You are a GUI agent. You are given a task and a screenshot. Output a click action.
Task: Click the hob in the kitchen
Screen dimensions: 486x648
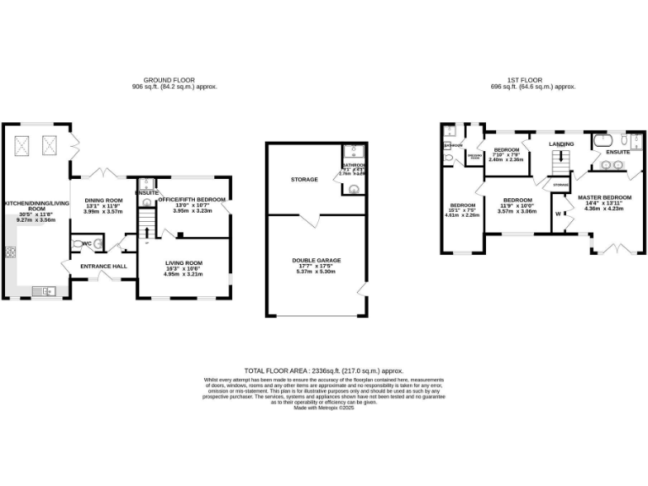[x=11, y=251]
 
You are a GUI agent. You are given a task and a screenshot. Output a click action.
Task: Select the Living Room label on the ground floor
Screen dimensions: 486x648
[x=183, y=262]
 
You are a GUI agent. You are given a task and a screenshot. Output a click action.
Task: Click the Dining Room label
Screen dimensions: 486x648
[x=103, y=200]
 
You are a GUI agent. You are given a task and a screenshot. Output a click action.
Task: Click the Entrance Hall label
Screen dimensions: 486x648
[x=103, y=267]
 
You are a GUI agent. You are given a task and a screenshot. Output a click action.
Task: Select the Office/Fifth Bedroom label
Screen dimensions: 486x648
[x=192, y=200]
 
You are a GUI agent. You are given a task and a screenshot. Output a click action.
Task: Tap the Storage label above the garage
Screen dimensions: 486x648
[x=304, y=179]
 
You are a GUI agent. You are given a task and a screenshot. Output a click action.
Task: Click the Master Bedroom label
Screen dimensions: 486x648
[x=605, y=197]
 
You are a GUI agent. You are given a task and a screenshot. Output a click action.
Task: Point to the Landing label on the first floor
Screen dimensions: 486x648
[x=560, y=144]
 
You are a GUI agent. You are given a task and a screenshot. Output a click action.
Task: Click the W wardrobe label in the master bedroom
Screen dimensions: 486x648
[x=558, y=213]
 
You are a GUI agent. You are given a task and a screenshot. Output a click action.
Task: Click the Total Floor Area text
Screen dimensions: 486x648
[x=323, y=370]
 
